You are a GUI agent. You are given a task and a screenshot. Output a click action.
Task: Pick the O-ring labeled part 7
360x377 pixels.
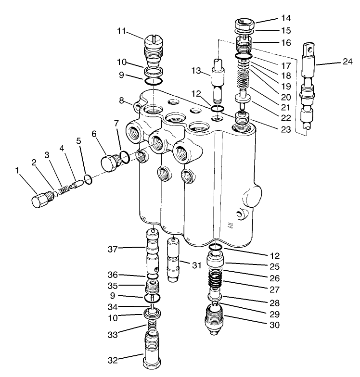(x=124, y=156)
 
